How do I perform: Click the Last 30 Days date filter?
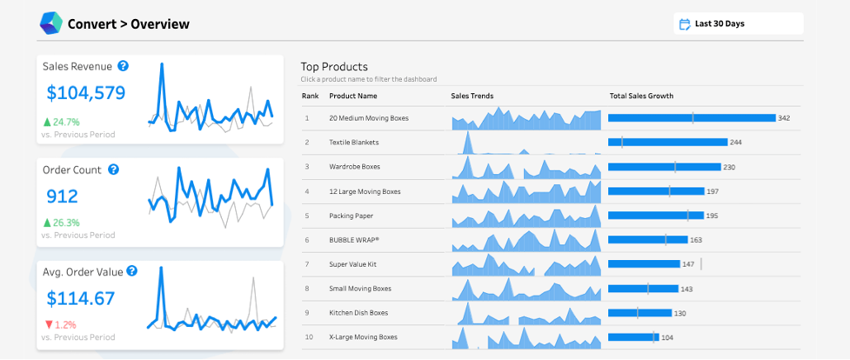tap(737, 24)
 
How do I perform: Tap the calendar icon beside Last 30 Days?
tap(684, 24)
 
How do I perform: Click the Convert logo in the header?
tap(51, 23)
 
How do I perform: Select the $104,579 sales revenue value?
tap(86, 92)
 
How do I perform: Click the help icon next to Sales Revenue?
tap(123, 66)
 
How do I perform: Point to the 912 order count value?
tap(63, 196)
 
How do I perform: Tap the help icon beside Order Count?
tap(114, 169)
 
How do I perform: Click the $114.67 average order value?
tap(80, 298)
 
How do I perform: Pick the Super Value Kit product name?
tap(353, 264)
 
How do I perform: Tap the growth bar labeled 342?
tap(692, 118)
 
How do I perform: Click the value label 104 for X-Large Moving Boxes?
tap(667, 337)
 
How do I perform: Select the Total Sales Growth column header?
tap(641, 96)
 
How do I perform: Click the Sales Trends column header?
tap(472, 96)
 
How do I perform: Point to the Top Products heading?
tap(334, 67)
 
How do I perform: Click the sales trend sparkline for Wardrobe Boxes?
tap(526, 168)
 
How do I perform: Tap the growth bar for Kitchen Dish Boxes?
tap(640, 313)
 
